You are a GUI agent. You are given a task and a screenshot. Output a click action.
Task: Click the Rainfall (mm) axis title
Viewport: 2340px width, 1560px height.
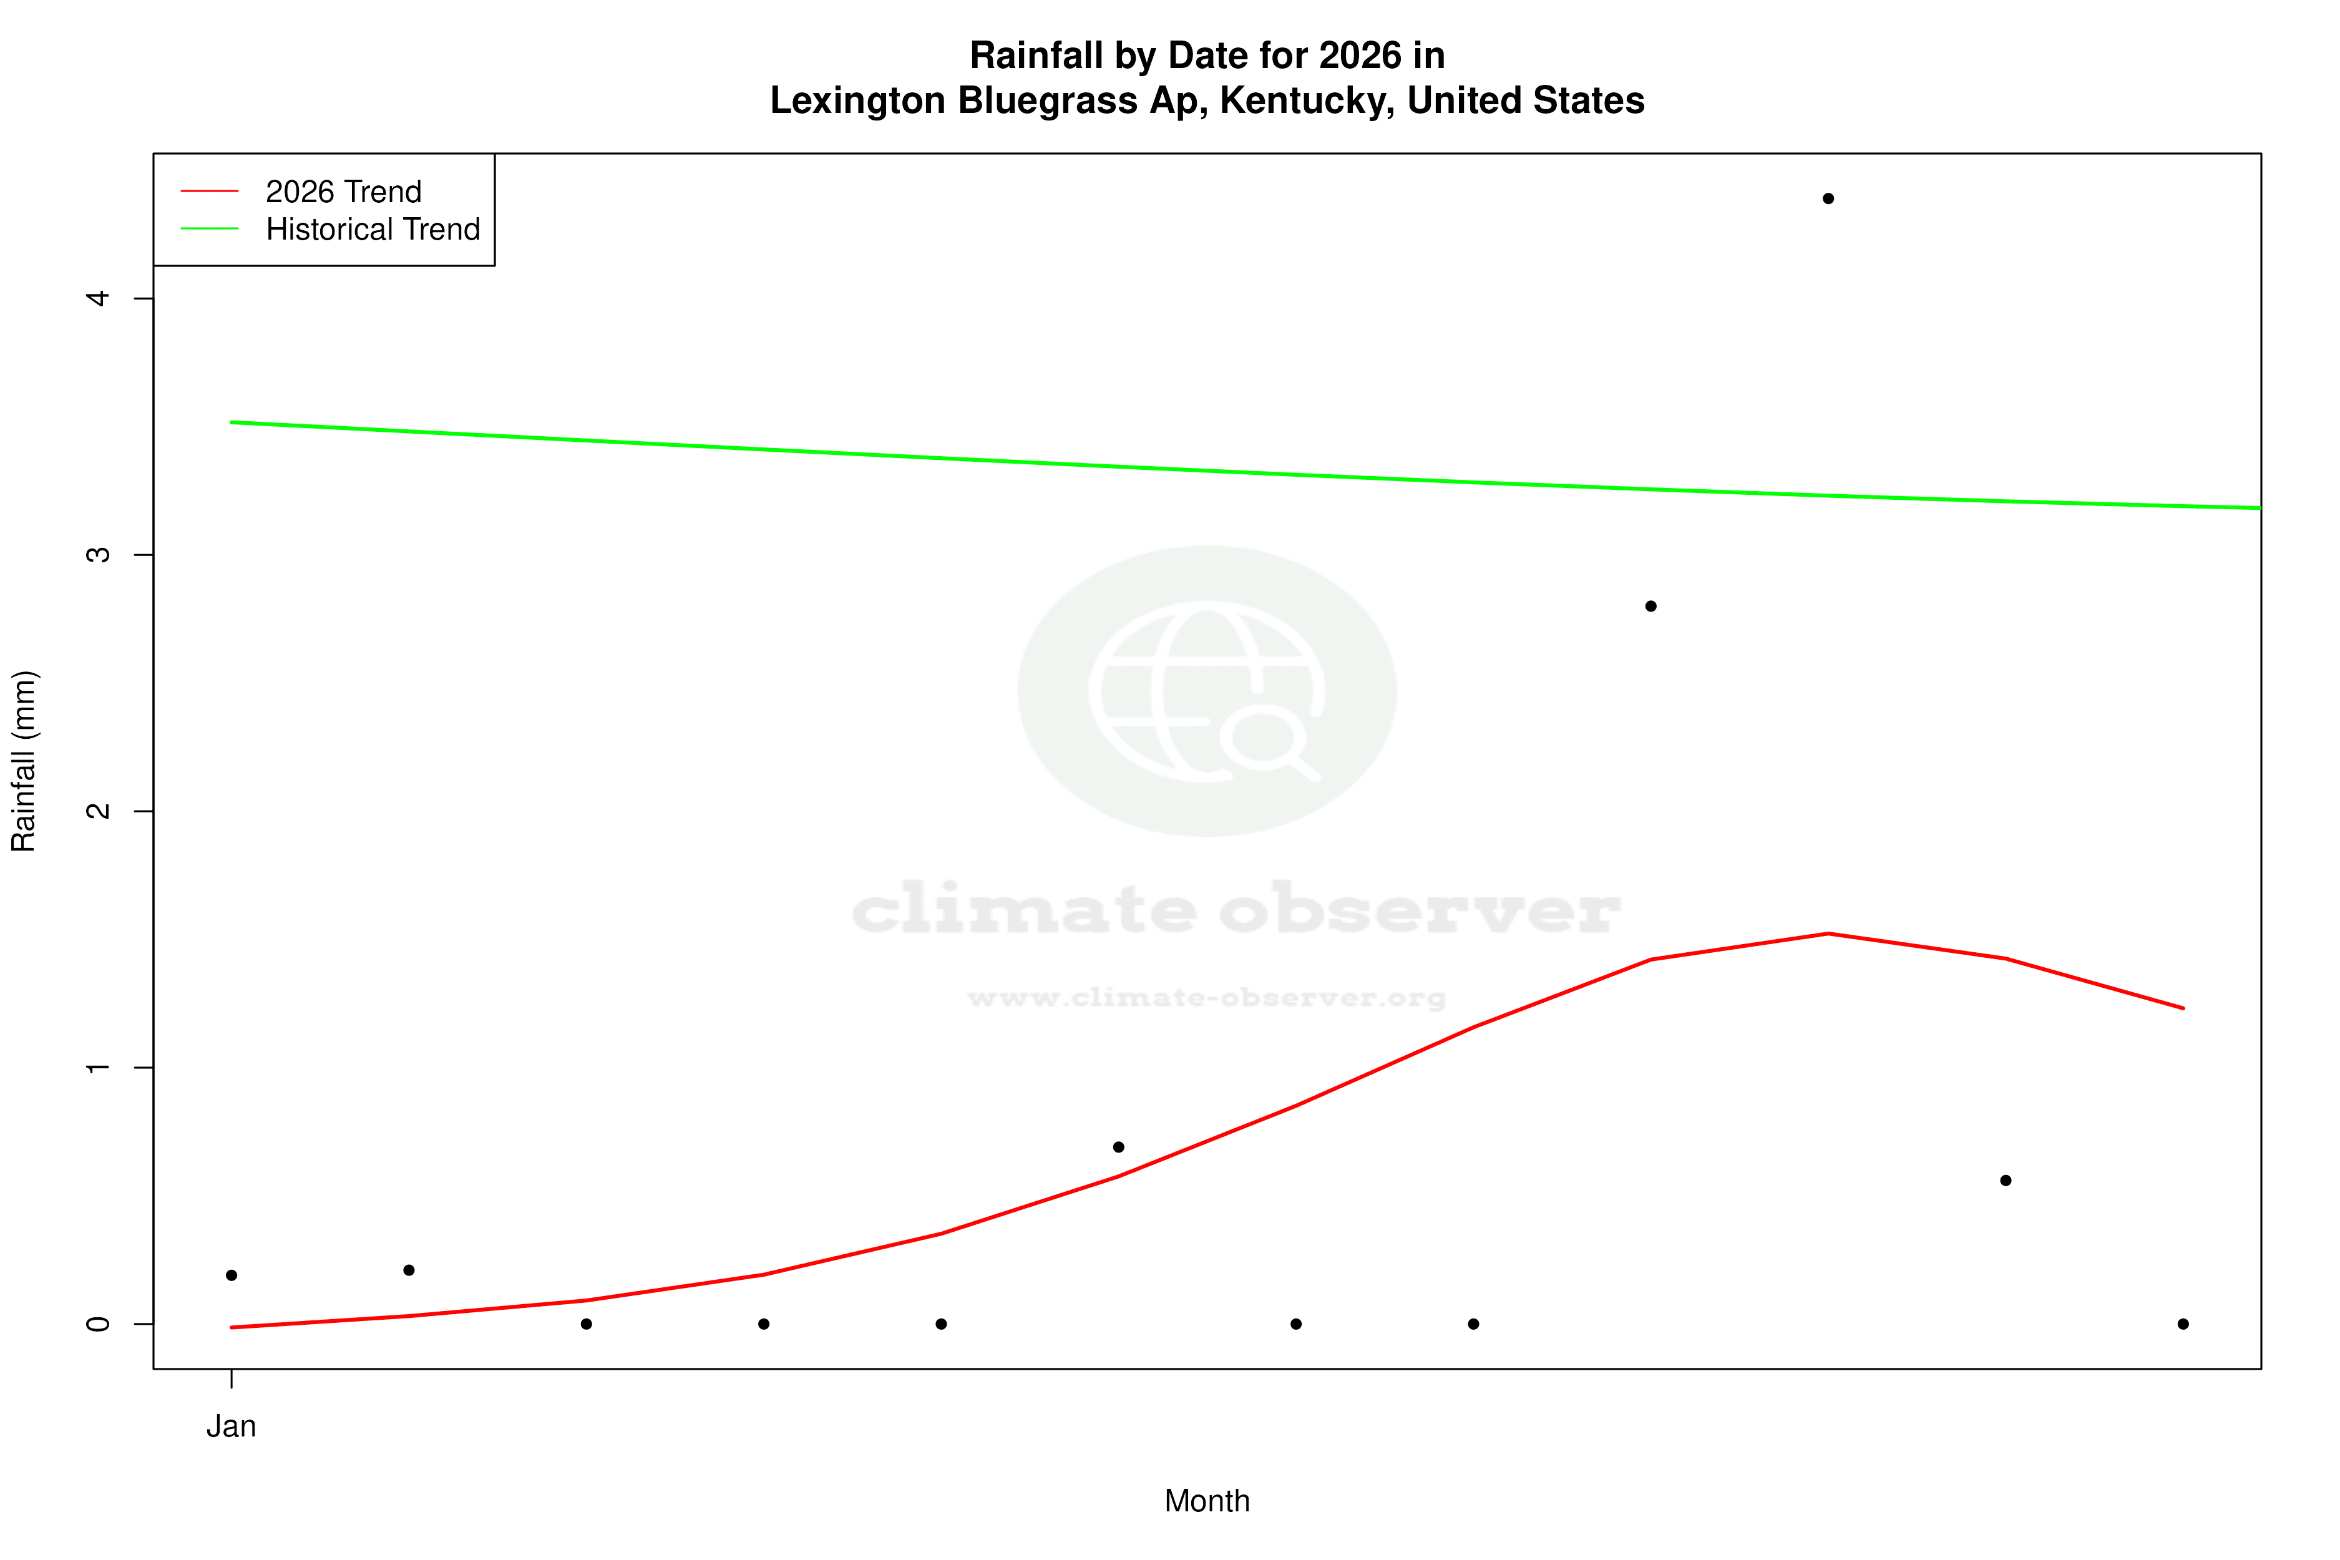(x=24, y=761)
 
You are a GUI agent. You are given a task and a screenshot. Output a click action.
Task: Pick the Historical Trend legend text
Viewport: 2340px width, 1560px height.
(x=373, y=230)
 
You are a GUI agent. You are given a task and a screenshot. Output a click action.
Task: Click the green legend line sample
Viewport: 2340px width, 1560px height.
(x=210, y=229)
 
